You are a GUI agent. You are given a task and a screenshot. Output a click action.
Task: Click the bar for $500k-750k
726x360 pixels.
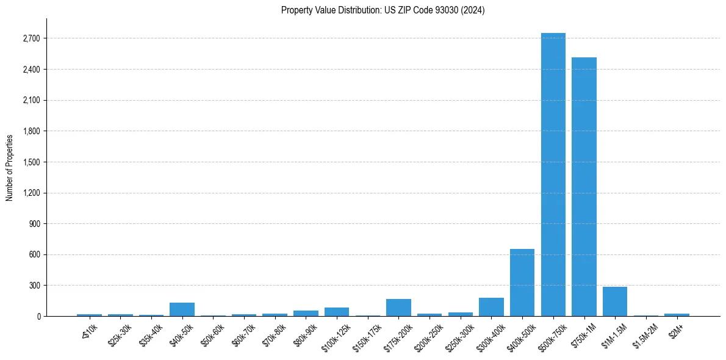[553, 175]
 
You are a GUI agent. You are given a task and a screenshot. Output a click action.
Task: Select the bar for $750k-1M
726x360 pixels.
[584, 187]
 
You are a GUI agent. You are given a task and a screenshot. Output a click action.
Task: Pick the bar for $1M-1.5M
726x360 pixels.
[615, 301]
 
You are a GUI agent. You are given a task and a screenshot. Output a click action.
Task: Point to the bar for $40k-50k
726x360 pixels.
[182, 309]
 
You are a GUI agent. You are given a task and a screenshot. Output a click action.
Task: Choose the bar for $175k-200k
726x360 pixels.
[398, 308]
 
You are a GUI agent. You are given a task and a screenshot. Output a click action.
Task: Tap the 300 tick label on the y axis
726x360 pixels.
[34, 286]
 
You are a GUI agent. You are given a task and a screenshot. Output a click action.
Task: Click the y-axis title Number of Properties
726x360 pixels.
[10, 167]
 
